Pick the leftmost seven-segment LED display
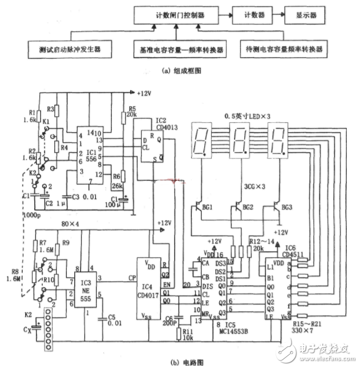click(203, 143)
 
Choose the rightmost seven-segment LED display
click(277, 143)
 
